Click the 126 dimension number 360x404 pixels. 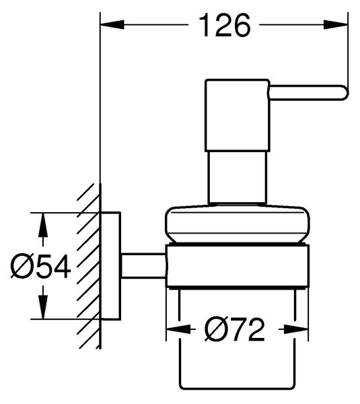[225, 26]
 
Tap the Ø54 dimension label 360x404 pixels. [40, 267]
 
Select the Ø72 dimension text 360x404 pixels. [234, 329]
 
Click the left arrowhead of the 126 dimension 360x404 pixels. [112, 25]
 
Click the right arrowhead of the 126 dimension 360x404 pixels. [336, 25]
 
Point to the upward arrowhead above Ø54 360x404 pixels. [43, 225]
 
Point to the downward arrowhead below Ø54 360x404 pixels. [43, 307]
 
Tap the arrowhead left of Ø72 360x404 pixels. [178, 329]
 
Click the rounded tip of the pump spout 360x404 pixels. [346, 92]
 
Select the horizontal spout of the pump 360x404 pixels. [308, 92]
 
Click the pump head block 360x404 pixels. [237, 115]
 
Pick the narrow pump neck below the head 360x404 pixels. [237, 177]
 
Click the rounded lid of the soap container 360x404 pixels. [237, 224]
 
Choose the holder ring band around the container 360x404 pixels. [237, 266]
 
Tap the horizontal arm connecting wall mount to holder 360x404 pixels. [143, 266]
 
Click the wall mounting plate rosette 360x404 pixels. [110, 266]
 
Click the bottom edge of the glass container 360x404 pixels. [237, 389]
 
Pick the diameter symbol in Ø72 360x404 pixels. [214, 329]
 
